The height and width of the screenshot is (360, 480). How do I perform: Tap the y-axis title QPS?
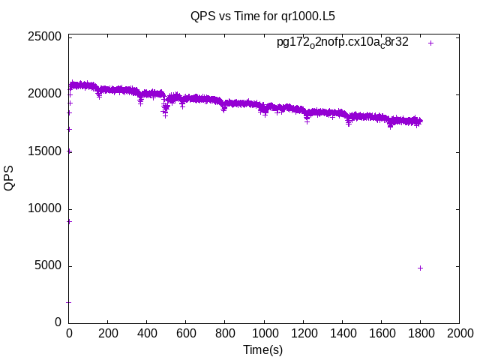click(9, 178)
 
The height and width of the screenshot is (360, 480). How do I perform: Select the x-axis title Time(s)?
click(263, 349)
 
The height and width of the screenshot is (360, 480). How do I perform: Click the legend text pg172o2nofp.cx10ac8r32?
click(342, 43)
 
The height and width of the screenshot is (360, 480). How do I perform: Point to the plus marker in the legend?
click(430, 43)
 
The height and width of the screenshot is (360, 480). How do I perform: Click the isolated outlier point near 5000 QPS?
click(420, 268)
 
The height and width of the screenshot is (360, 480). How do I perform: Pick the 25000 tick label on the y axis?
click(40, 37)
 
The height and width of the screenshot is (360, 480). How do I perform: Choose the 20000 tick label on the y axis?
click(40, 94)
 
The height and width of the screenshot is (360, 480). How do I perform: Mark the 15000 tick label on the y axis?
click(40, 151)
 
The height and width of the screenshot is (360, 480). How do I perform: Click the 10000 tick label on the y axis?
click(40, 208)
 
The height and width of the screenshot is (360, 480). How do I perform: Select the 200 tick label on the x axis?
click(108, 333)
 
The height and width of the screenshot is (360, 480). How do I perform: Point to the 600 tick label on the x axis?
click(186, 333)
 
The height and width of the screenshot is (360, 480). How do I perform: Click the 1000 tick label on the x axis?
click(264, 333)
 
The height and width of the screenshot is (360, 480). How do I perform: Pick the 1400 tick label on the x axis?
click(342, 333)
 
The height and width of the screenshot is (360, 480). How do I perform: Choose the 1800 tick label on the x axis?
click(420, 333)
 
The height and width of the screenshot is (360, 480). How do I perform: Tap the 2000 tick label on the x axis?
click(459, 333)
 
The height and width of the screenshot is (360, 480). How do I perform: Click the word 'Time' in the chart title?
click(241, 15)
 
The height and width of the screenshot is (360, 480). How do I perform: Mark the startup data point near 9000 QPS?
click(69, 221)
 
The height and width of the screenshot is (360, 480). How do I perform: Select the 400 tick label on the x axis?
click(147, 333)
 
